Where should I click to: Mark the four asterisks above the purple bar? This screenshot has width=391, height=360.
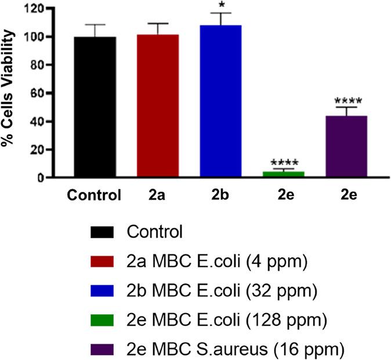click(x=346, y=101)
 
